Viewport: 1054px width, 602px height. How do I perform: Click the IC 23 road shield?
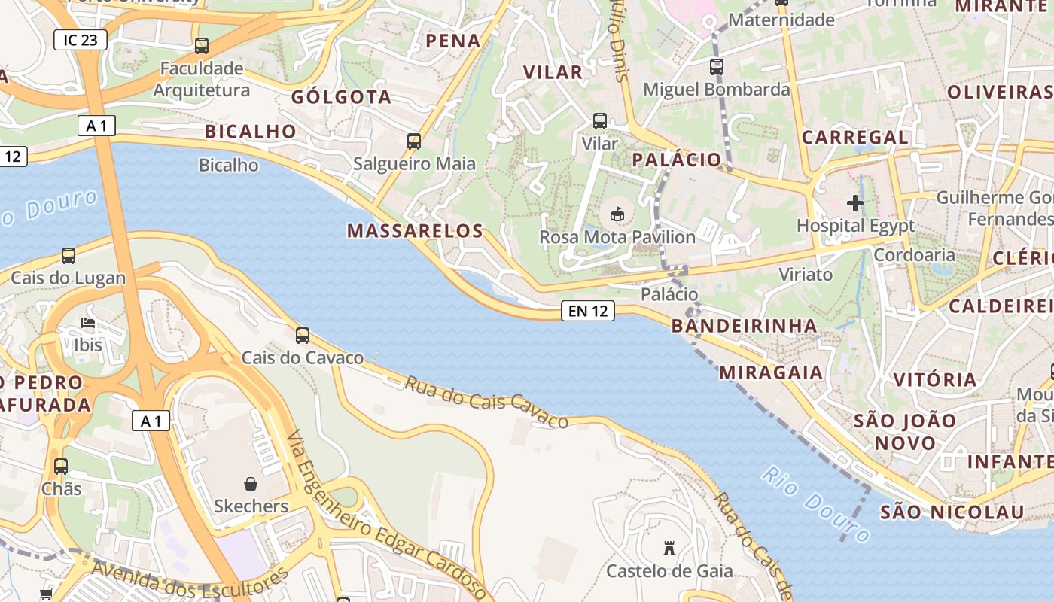(x=81, y=40)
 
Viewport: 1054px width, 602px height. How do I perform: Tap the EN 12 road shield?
(x=588, y=310)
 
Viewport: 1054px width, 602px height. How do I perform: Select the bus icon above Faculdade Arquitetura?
(x=201, y=45)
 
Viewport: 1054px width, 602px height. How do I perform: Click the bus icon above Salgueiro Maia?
(x=413, y=141)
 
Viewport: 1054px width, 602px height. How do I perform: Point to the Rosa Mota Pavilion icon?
(x=617, y=214)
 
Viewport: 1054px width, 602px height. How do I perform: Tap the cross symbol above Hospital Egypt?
(x=855, y=202)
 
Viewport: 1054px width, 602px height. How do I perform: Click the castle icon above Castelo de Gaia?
(x=669, y=548)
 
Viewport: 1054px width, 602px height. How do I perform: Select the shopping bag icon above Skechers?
(x=251, y=483)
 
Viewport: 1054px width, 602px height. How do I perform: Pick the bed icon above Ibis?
(x=88, y=324)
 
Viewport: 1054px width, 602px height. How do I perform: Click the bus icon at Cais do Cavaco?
(x=303, y=336)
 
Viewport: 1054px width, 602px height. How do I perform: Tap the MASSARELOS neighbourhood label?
(x=415, y=231)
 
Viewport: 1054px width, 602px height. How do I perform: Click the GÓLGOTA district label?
(x=341, y=97)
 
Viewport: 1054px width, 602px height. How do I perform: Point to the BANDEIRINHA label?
(x=744, y=325)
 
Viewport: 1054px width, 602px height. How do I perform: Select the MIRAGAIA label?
(x=771, y=372)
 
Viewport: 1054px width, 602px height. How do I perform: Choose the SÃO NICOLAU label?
(x=952, y=512)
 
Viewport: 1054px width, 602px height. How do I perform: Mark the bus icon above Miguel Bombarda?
(x=717, y=67)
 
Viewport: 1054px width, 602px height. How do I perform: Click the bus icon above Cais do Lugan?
(x=69, y=256)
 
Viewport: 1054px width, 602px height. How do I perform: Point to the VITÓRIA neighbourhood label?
(x=934, y=379)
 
